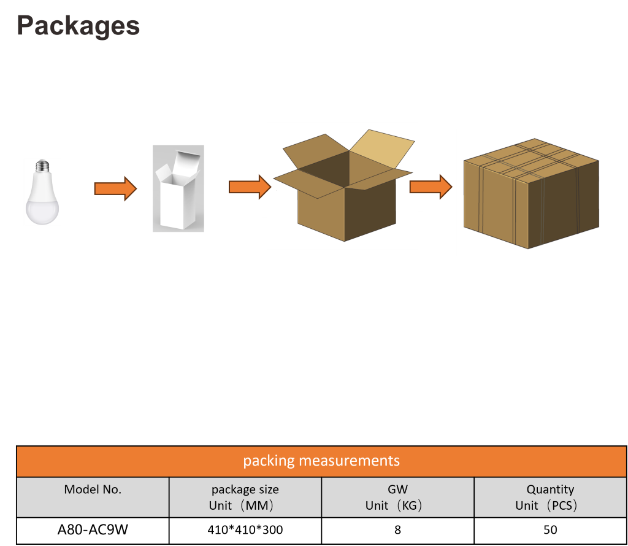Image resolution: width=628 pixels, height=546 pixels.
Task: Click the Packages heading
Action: [78, 26]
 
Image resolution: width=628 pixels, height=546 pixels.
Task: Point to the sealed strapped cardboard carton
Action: [531, 193]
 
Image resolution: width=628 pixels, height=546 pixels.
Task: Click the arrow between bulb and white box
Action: [115, 188]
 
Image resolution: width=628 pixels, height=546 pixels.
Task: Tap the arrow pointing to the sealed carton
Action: [431, 186]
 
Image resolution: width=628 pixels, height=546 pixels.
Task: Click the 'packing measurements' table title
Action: [321, 461]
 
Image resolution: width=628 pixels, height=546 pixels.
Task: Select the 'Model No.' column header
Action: [93, 490]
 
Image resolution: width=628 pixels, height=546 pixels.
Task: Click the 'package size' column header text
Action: [245, 490]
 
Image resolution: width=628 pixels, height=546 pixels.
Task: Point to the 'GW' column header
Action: [397, 490]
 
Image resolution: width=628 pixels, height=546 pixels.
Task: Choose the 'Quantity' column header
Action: [550, 490]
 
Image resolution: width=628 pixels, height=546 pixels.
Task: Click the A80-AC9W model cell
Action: [93, 529]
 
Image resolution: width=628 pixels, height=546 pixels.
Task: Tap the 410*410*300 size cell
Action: [245, 529]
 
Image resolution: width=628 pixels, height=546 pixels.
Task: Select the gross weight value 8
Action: [397, 529]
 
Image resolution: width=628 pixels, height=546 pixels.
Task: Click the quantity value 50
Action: [550, 529]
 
